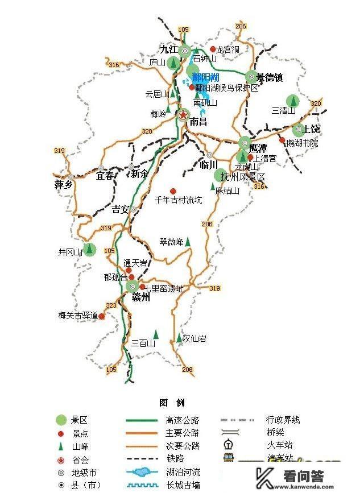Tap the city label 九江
169,49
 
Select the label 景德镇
270,77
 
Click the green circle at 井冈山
89,249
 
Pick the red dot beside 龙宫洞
213,49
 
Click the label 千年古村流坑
178,200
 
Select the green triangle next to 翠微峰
188,242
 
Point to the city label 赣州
140,297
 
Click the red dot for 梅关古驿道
102,316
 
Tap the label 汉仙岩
195,338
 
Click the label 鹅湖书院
302,143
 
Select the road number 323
111,306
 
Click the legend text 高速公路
183,420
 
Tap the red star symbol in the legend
61,459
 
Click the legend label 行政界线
283,420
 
